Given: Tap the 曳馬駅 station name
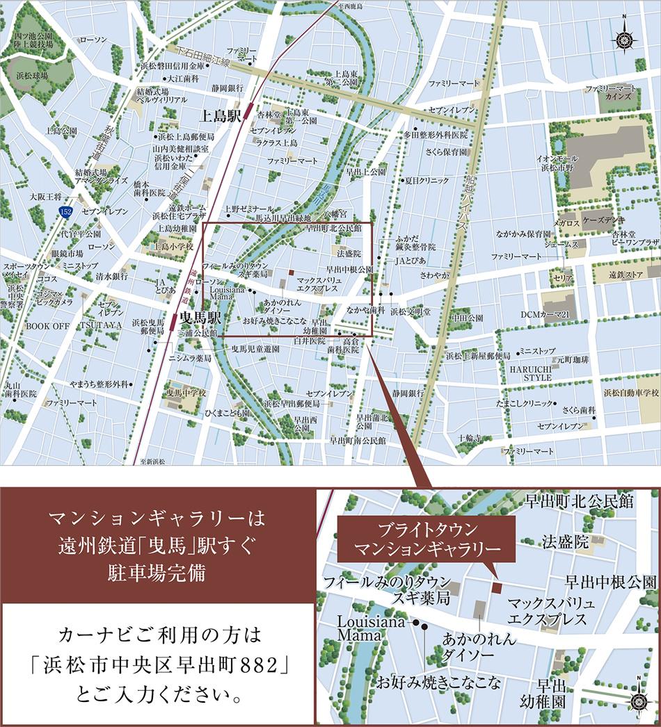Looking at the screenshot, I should pos(200,318).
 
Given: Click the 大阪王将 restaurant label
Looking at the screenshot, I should pos(45,197).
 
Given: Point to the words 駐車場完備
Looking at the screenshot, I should pos(158,574).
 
